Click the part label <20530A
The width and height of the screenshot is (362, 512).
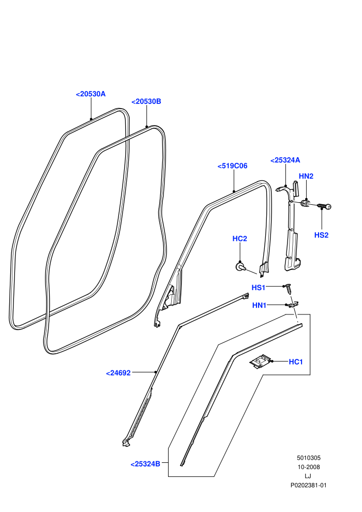pyautogui.click(x=90, y=94)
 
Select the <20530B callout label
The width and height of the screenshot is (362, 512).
pyautogui.click(x=146, y=101)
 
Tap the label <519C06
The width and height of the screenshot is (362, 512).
pyautogui.click(x=232, y=166)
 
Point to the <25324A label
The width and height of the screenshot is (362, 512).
pyautogui.click(x=285, y=160)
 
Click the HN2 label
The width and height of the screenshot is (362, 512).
pyautogui.click(x=306, y=176)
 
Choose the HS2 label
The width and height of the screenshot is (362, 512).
pyautogui.click(x=322, y=235)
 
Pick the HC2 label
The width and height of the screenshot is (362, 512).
pyautogui.click(x=239, y=239)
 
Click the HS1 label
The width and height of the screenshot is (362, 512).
pyautogui.click(x=259, y=288)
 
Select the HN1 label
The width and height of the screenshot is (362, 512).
pyautogui.click(x=260, y=305)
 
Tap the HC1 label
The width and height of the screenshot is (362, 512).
pyautogui.click(x=296, y=362)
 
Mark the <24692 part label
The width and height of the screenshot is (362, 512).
pyautogui.click(x=118, y=373)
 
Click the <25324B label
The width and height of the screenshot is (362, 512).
pyautogui.click(x=145, y=464)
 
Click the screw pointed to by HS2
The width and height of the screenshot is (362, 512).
pyautogui.click(x=324, y=206)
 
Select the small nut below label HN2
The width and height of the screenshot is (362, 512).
pyautogui.click(x=306, y=204)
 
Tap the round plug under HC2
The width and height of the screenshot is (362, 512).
pyautogui.click(x=240, y=267)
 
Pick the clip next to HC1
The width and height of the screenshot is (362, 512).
pyautogui.click(x=261, y=362)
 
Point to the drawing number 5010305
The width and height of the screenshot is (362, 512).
pyautogui.click(x=308, y=458)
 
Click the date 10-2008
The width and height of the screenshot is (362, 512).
pyautogui.click(x=308, y=467)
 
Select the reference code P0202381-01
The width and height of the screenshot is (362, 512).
pyautogui.click(x=308, y=485)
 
